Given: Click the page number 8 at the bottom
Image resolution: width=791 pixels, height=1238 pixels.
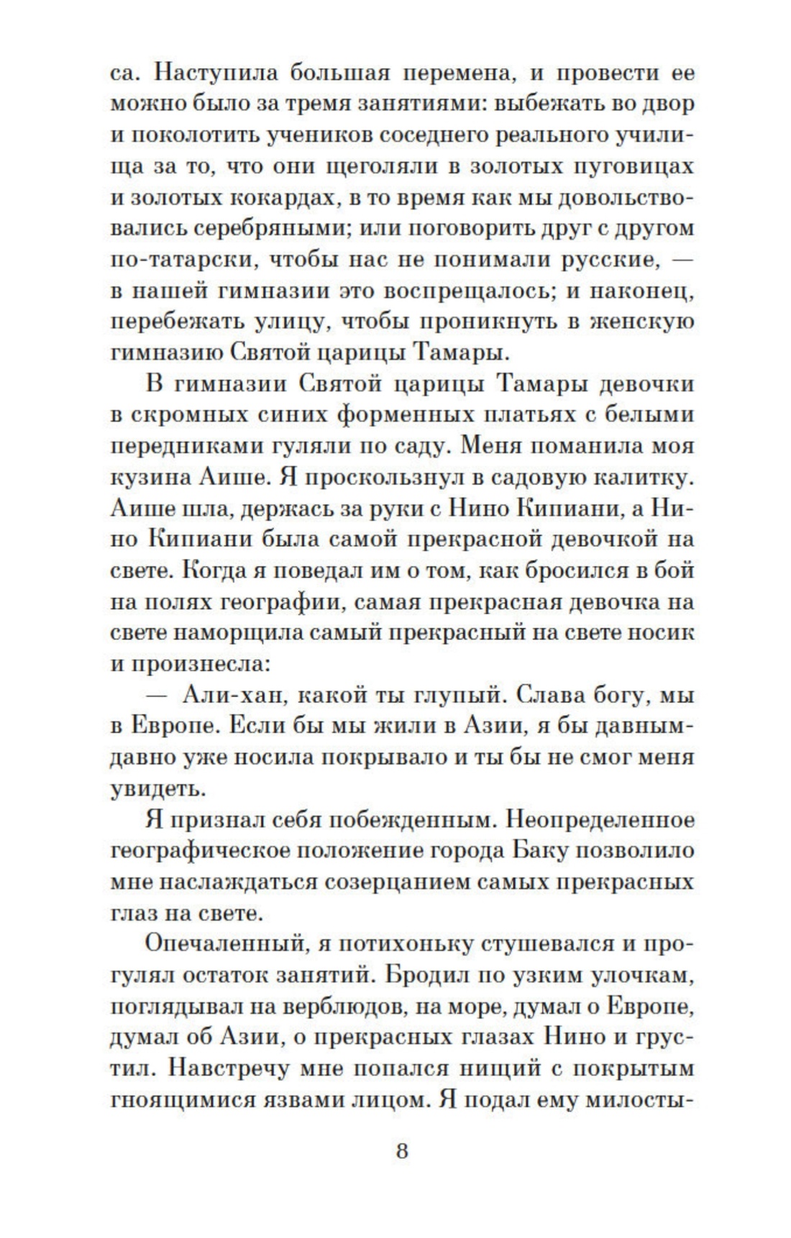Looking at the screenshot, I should [401, 1151].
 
